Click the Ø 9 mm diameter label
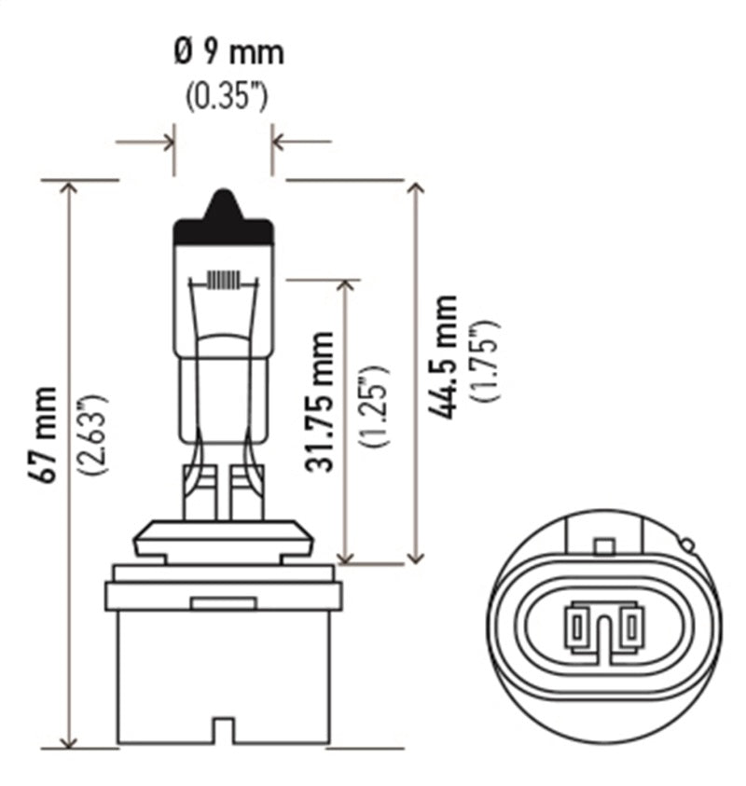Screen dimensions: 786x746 tap(228, 53)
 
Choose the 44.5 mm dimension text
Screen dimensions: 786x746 tap(449, 357)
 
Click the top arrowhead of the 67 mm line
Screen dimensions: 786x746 tap(68, 189)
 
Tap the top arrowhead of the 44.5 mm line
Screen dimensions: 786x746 tap(416, 189)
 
